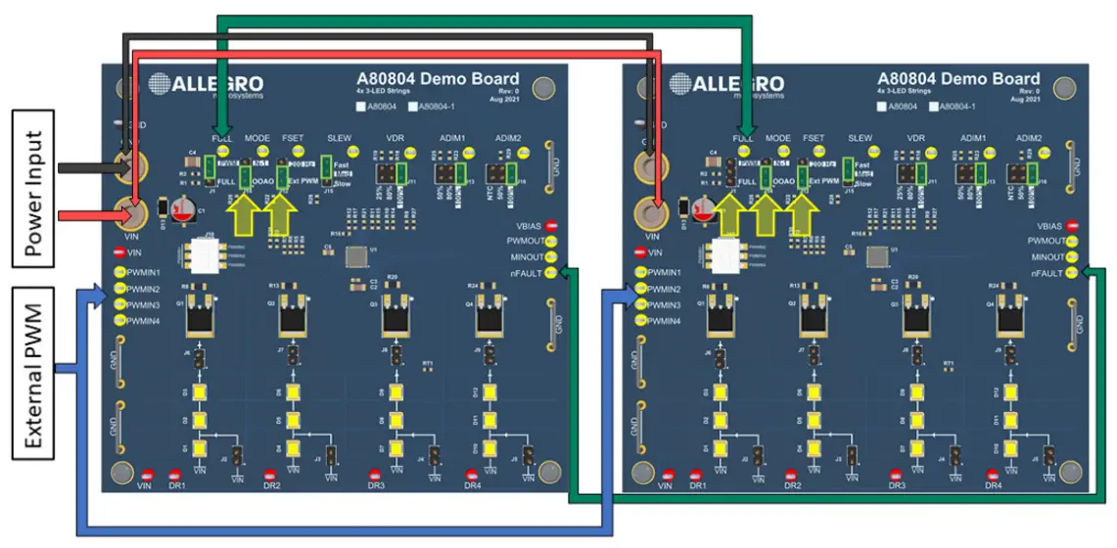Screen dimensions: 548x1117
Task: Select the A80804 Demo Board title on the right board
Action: pos(958,79)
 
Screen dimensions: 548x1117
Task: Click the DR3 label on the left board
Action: pos(376,485)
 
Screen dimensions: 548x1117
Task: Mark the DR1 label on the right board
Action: pos(697,485)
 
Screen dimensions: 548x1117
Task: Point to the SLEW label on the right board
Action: pos(860,139)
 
